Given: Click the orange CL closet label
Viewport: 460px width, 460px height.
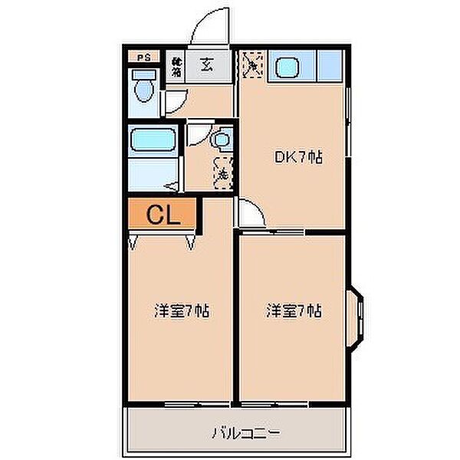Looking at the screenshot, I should pyautogui.click(x=163, y=215).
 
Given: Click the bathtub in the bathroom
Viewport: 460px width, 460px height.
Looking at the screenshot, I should pyautogui.click(x=153, y=141).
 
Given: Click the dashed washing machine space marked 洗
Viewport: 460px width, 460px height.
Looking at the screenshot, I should pyautogui.click(x=222, y=173).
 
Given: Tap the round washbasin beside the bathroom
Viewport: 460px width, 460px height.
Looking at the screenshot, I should pyautogui.click(x=220, y=140).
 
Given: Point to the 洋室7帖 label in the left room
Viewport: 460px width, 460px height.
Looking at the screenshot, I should pyautogui.click(x=182, y=311).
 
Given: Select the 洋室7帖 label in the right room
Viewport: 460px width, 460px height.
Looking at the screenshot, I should pyautogui.click(x=294, y=311).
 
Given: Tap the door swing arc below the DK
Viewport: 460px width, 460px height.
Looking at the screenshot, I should pyautogui.click(x=250, y=212).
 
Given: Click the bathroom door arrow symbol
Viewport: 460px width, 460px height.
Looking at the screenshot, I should pyautogui.click(x=173, y=185).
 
